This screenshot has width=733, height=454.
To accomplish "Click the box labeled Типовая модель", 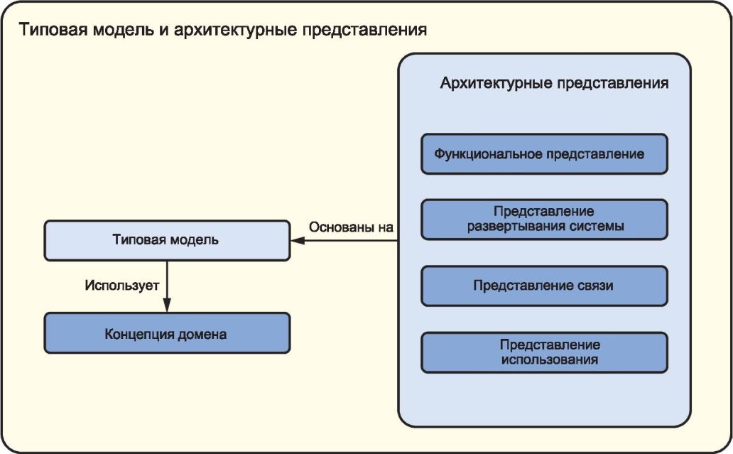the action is (167, 240).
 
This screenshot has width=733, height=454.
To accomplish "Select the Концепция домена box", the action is (167, 333).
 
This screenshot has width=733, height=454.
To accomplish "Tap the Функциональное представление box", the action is (544, 154).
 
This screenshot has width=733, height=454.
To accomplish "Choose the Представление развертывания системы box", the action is (544, 220).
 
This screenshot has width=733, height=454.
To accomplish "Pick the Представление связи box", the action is (544, 286).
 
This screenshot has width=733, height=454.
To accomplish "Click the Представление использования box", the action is (544, 352).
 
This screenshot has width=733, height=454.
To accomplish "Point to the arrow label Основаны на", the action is (351, 227).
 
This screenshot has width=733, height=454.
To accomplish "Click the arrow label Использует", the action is (122, 285).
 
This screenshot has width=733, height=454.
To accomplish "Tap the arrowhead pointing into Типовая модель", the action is (298, 241).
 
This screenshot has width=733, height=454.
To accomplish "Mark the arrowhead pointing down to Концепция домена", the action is (167, 306).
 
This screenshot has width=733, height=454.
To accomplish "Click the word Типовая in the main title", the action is (53, 29).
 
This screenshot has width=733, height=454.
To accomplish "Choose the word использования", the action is (549, 360).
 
